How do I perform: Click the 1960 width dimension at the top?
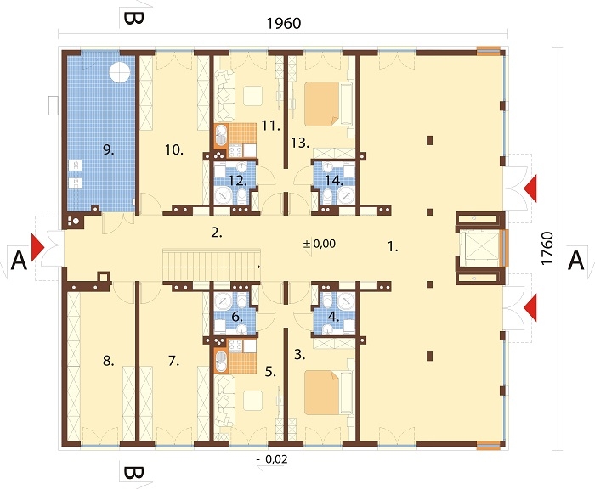[x=284, y=24]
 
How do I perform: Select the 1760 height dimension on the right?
[x=547, y=248]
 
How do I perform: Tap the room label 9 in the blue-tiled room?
[x=109, y=150]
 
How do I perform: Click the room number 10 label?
[x=174, y=149]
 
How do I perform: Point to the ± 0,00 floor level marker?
[x=320, y=244]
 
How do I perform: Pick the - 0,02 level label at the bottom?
[x=272, y=459]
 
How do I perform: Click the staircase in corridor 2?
[x=212, y=265]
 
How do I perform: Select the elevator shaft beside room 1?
[x=481, y=248]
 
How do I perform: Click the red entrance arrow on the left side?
[x=37, y=248]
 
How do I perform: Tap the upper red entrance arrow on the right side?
[x=531, y=188]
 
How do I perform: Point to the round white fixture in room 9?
[x=120, y=71]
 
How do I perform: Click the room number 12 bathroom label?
[x=238, y=181]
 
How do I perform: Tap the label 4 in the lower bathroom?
[x=333, y=317]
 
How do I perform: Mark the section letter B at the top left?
[x=133, y=18]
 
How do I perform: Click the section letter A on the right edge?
[x=575, y=261]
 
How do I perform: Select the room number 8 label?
[x=109, y=362]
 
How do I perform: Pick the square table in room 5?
[x=252, y=401]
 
